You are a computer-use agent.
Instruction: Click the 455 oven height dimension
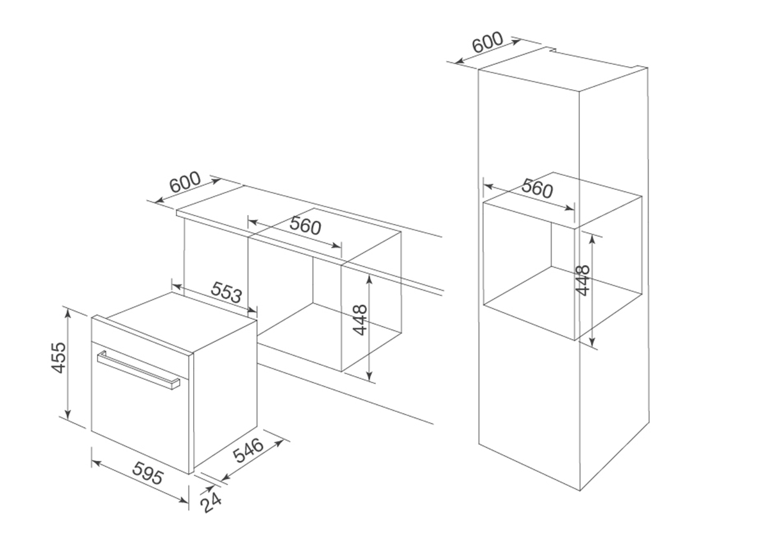pos(58,357)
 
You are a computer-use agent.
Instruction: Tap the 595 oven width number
pos(148,473)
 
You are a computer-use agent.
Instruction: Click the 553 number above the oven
pos(226,292)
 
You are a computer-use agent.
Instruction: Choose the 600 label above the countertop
pos(185,183)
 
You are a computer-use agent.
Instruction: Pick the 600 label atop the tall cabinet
pos(488,42)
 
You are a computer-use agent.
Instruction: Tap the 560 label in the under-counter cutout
pos(305,225)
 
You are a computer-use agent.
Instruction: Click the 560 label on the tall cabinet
pos(537,189)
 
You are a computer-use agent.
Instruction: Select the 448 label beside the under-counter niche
pos(360,320)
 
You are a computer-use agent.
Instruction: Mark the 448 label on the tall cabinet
pos(583,280)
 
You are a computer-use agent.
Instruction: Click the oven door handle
pos(138,370)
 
